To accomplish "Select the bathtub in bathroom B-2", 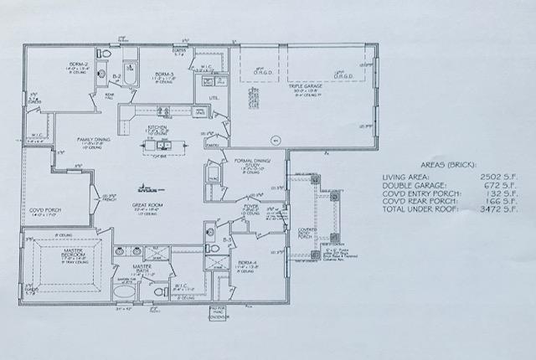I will tap(131, 70).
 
